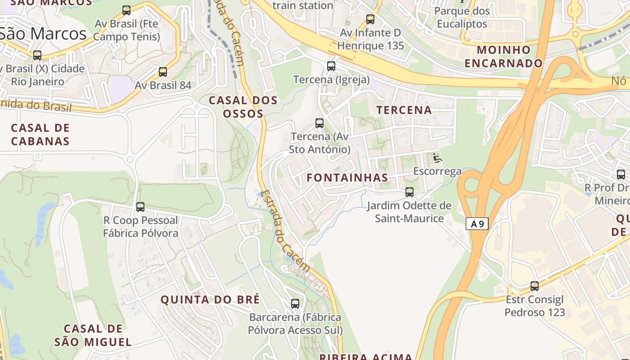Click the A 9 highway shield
tap(477, 224)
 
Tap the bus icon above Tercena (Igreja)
tap(331, 66)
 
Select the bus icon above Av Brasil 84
tap(163, 72)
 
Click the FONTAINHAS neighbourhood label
tap(347, 178)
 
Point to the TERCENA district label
tap(404, 110)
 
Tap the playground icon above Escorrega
tap(437, 158)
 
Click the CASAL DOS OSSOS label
tap(243, 107)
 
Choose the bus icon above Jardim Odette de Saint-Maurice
tap(409, 192)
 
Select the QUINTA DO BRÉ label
tap(210, 300)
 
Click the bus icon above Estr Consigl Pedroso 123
tap(535, 286)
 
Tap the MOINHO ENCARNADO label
tap(504, 56)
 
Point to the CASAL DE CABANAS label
tap(40, 135)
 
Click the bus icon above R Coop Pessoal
tap(140, 207)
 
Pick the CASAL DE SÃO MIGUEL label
tap(93, 335)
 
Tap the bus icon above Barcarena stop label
tap(295, 304)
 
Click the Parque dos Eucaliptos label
tap(462, 18)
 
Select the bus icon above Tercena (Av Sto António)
tap(319, 123)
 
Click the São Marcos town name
tap(43, 34)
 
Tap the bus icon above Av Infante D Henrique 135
tap(370, 19)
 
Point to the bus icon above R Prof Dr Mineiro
tap(621, 175)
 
